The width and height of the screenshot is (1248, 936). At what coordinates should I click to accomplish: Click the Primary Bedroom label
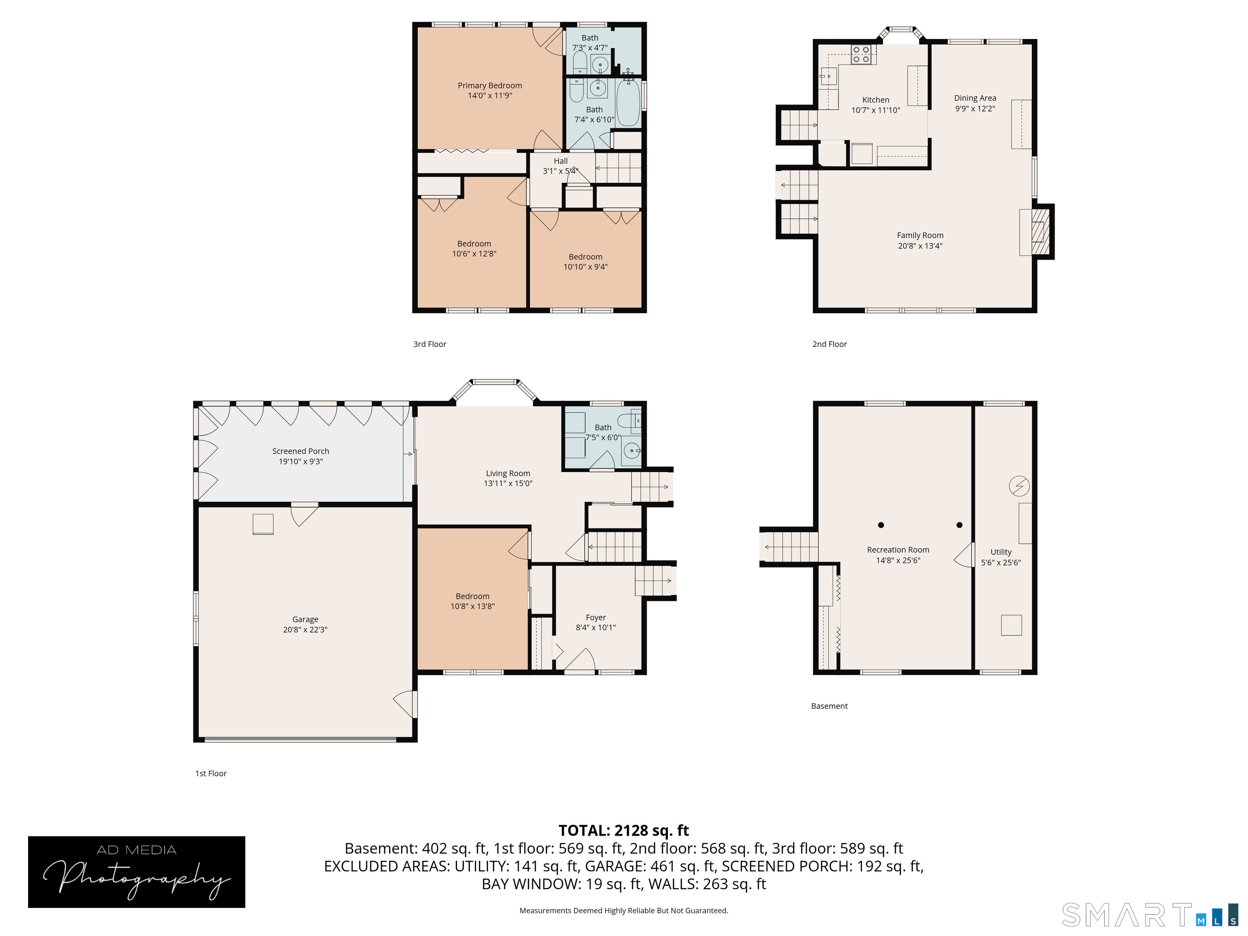[490, 86]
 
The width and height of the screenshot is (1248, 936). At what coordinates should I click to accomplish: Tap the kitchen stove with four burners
[861, 54]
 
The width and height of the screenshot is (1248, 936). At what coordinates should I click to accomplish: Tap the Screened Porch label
[301, 451]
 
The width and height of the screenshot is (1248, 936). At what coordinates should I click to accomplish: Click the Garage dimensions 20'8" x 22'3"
[305, 630]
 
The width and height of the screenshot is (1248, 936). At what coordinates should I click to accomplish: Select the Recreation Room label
[898, 550]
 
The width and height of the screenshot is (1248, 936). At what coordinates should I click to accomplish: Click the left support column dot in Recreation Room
[881, 525]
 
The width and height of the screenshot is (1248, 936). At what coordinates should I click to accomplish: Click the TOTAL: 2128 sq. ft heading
[624, 830]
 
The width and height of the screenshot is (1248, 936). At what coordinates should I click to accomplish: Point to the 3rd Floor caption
[430, 344]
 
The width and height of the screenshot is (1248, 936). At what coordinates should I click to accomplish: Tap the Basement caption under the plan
[830, 706]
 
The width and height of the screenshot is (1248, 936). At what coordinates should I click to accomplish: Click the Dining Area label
[975, 98]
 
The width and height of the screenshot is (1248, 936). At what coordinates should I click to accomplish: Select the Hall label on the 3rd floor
[561, 161]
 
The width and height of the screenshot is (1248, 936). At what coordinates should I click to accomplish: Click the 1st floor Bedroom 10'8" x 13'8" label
[473, 601]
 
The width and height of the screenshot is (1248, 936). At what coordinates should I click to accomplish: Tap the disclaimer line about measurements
[624, 911]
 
